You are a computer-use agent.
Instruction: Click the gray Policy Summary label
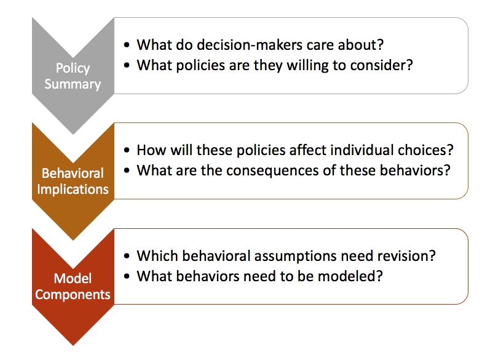(x=73, y=76)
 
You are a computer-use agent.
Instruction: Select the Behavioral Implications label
(x=73, y=181)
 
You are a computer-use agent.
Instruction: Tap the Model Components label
(x=73, y=286)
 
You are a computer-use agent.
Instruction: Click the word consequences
(x=275, y=170)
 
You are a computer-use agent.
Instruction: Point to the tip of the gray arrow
(x=73, y=134)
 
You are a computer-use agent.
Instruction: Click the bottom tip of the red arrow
(x=73, y=345)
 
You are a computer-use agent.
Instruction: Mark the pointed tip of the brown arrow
(x=73, y=239)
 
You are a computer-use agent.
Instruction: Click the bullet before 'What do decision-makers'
(x=127, y=46)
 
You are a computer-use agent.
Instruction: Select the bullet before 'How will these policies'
(x=127, y=151)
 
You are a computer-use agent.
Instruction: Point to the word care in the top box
(x=328, y=45)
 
